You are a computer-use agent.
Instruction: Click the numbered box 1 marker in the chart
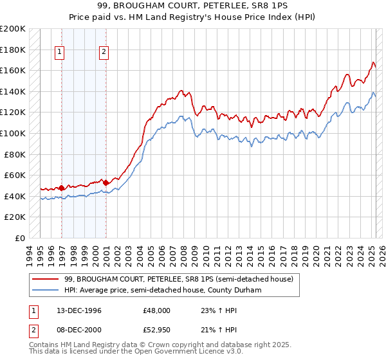60,53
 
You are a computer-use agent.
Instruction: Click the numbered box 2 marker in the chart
104,53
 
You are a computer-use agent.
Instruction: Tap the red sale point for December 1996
62,188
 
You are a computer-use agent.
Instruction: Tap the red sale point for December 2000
106,183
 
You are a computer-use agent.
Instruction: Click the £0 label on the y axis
21,238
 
